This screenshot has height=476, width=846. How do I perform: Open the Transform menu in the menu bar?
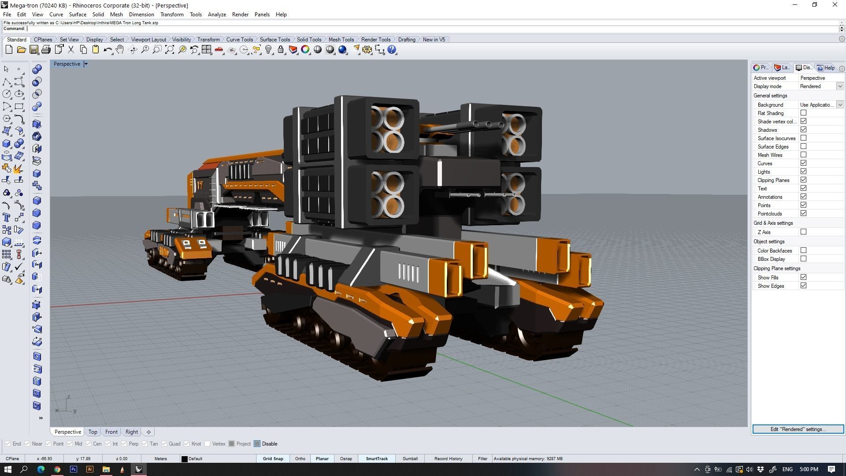coord(171,15)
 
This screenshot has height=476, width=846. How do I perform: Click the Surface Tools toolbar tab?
coord(275,40)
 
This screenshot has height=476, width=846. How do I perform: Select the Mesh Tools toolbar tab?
coord(341,40)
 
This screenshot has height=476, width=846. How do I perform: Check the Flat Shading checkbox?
coord(803,113)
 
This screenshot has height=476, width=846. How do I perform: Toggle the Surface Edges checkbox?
coord(803,147)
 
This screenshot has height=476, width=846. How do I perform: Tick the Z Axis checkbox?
coord(803,232)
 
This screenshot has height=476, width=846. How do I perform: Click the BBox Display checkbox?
coord(803,259)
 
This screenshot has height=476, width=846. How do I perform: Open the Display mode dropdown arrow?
coord(840,86)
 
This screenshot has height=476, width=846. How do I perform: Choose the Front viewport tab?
coord(111,432)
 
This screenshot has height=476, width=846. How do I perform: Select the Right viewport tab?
coord(131,432)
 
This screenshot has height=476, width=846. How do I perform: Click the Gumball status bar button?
coord(410,459)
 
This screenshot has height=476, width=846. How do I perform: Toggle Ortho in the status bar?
coord(300,459)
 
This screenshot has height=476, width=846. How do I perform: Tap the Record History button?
coord(448,459)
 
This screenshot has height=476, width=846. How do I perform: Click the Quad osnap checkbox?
coord(164,444)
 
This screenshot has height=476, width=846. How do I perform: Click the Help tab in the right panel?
coord(827,68)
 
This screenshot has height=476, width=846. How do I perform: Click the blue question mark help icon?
coord(392,50)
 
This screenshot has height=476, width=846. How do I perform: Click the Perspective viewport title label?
coord(67,64)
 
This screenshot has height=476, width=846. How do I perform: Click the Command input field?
coord(397,29)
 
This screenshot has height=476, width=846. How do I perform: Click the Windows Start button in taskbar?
coord(7,469)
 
